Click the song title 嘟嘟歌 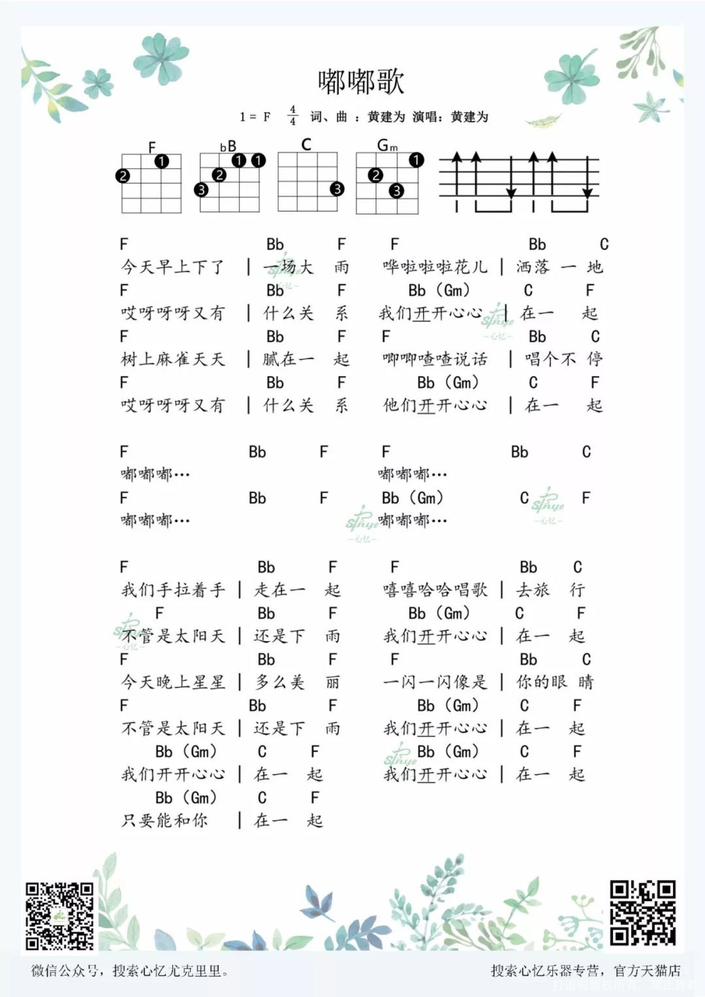(361, 82)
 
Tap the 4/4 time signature (293, 116)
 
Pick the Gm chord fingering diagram (387, 183)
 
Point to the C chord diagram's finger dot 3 (337, 189)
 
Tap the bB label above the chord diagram (228, 147)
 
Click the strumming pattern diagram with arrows (519, 181)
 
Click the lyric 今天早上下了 (172, 267)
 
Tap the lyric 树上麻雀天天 (172, 359)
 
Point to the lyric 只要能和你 (164, 820)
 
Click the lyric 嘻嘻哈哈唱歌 (435, 589)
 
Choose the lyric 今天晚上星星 (172, 682)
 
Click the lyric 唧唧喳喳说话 (435, 359)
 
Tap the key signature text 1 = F (255, 117)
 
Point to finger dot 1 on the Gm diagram (416, 160)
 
